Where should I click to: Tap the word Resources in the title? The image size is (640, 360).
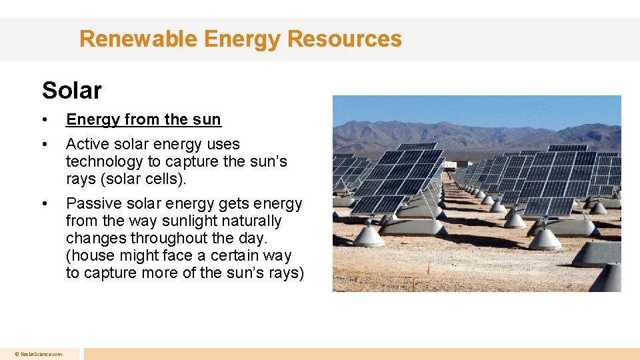tap(345, 39)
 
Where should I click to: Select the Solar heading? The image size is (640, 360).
tap(71, 90)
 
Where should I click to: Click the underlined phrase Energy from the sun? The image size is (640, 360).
tap(143, 119)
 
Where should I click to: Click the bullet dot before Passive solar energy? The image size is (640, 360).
tap(44, 203)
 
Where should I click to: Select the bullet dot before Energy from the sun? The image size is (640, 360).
tap(44, 120)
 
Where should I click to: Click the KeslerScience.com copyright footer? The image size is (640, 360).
tap(39, 354)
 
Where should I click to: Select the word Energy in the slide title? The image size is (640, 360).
tap(244, 39)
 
